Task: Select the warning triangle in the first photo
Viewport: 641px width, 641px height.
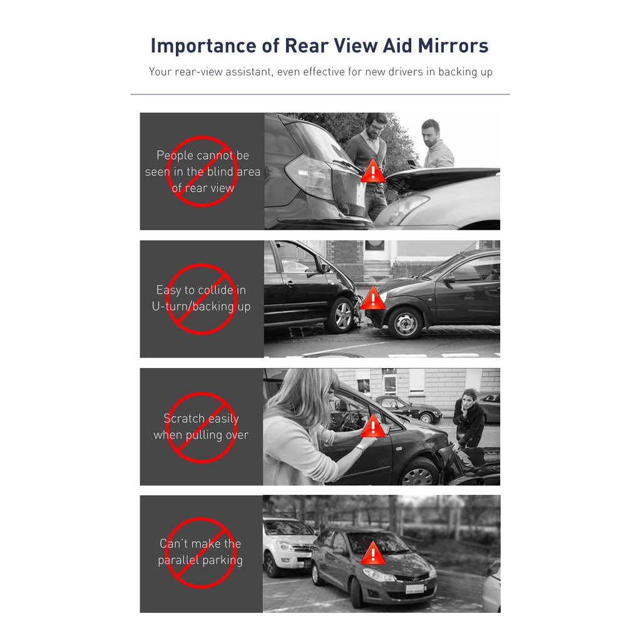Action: (373, 170)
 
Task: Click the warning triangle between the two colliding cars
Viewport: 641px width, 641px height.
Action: (373, 298)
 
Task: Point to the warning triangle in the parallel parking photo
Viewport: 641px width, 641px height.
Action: (373, 553)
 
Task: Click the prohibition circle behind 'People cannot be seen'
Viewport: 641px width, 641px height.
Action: (202, 172)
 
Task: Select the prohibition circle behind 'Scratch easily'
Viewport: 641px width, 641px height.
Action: (202, 427)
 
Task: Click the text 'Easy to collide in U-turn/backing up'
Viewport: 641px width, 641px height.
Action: (201, 299)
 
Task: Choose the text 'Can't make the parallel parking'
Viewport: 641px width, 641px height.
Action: (200, 552)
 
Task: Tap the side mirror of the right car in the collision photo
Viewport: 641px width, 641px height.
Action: (448, 279)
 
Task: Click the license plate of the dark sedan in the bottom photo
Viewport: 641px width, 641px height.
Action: (414, 589)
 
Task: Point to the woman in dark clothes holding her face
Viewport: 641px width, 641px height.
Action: (468, 416)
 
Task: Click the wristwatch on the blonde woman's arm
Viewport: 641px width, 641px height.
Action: (360, 446)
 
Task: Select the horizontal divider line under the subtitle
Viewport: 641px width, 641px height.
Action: (320, 95)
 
